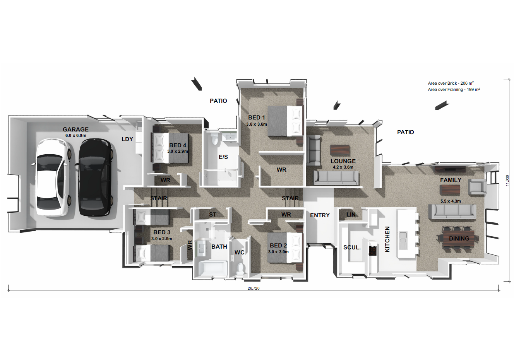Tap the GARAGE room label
(x=76, y=129)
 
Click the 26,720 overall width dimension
(x=254, y=288)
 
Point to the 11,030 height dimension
(x=507, y=181)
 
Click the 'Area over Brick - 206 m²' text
(x=451, y=83)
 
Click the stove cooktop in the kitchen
(x=373, y=251)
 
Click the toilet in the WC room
(x=240, y=268)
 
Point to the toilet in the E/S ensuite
(x=215, y=139)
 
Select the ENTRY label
(x=320, y=215)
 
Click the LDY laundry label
(x=127, y=139)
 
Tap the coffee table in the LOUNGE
(x=340, y=150)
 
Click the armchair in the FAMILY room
(x=477, y=187)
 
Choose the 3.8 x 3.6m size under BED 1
(x=257, y=124)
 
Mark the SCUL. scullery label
(x=352, y=247)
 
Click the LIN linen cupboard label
(x=351, y=214)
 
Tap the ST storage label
(x=213, y=214)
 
